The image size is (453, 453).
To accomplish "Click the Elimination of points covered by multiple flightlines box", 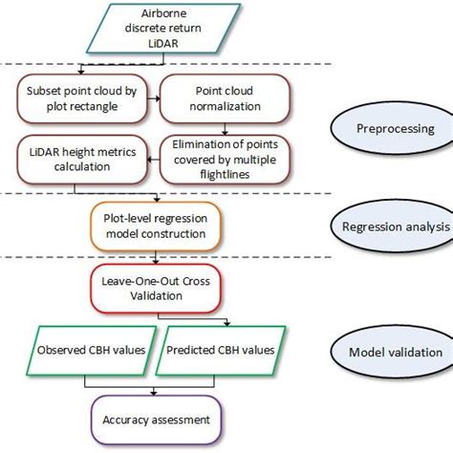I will point(224,157).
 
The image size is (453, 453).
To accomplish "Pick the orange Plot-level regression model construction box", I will point(155,226).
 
